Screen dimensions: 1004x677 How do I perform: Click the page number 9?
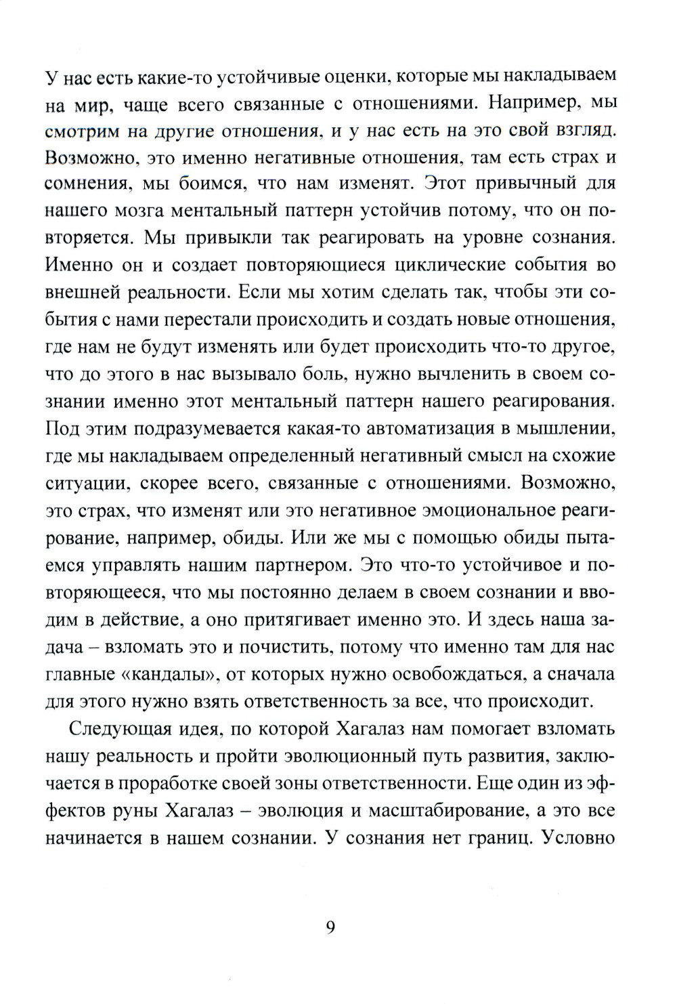tap(330, 927)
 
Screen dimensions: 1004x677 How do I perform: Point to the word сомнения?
tap(86, 184)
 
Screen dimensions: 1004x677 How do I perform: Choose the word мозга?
tap(154, 211)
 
